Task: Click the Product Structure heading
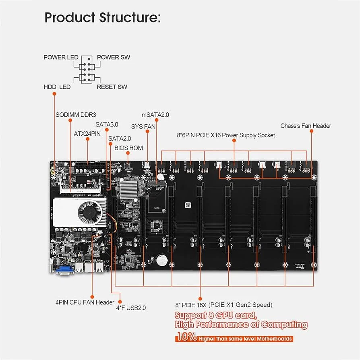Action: pyautogui.click(x=102, y=18)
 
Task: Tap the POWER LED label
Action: pyautogui.click(x=61, y=57)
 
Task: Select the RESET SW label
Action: pyautogui.click(x=112, y=87)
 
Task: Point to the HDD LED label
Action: pyautogui.click(x=57, y=87)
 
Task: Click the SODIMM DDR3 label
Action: pyautogui.click(x=76, y=114)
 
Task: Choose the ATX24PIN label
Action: pyautogui.click(x=87, y=133)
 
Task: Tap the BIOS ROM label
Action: pyautogui.click(x=128, y=148)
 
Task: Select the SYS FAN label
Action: pyautogui.click(x=143, y=126)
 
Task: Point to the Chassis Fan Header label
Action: pyautogui.click(x=306, y=126)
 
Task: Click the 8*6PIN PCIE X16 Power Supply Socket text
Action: pyautogui.click(x=226, y=135)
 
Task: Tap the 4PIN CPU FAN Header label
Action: pyautogui.click(x=85, y=302)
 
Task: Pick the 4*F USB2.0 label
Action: pyautogui.click(x=131, y=308)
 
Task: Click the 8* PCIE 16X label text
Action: pyautogui.click(x=223, y=304)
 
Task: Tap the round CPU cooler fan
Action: pyautogui.click(x=89, y=213)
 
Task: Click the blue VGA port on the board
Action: pyautogui.click(x=64, y=270)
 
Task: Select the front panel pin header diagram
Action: pyautogui.click(x=87, y=70)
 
